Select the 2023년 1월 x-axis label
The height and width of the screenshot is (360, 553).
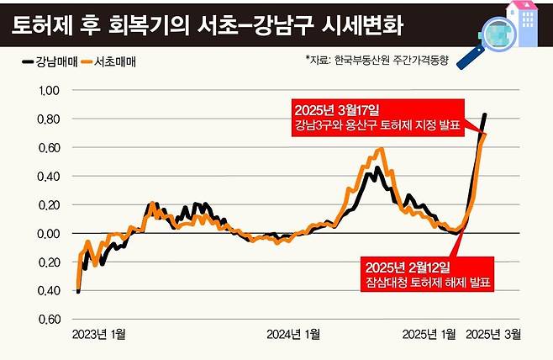100,333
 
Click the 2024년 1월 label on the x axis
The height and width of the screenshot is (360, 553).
292,333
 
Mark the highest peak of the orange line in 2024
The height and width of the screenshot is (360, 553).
382,150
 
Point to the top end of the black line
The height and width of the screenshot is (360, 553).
485,114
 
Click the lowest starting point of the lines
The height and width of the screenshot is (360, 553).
78,291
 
